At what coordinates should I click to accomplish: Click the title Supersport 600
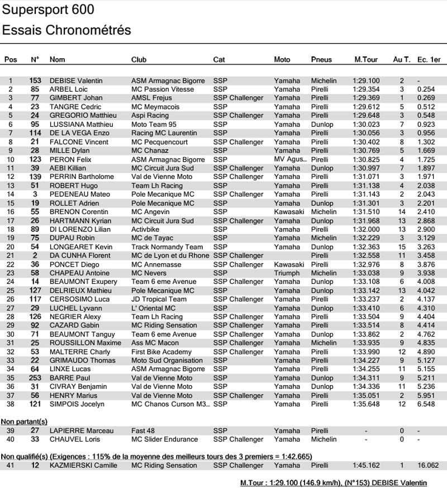pyautogui.click(x=48, y=10)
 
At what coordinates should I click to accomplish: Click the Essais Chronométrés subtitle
pyautogui.click(x=66, y=30)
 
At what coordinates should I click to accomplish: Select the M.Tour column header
pyautogui.click(x=366, y=59)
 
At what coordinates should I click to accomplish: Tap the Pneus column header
pyautogui.click(x=321, y=59)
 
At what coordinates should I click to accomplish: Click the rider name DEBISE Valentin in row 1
pyautogui.click(x=76, y=80)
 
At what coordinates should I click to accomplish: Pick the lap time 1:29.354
pyautogui.click(x=366, y=89)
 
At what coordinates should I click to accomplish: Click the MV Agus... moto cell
pyautogui.click(x=290, y=159)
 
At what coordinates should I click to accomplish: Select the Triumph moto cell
pyautogui.click(x=287, y=273)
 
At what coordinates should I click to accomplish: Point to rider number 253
pyautogui.click(x=35, y=378)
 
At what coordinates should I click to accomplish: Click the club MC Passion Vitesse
pyautogui.click(x=163, y=89)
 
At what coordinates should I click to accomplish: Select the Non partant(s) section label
pyautogui.click(x=24, y=421)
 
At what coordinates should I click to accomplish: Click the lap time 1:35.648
pyautogui.click(x=366, y=404)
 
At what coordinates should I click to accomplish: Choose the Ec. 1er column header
pyautogui.click(x=429, y=59)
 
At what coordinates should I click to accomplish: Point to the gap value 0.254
pyautogui.click(x=426, y=89)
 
